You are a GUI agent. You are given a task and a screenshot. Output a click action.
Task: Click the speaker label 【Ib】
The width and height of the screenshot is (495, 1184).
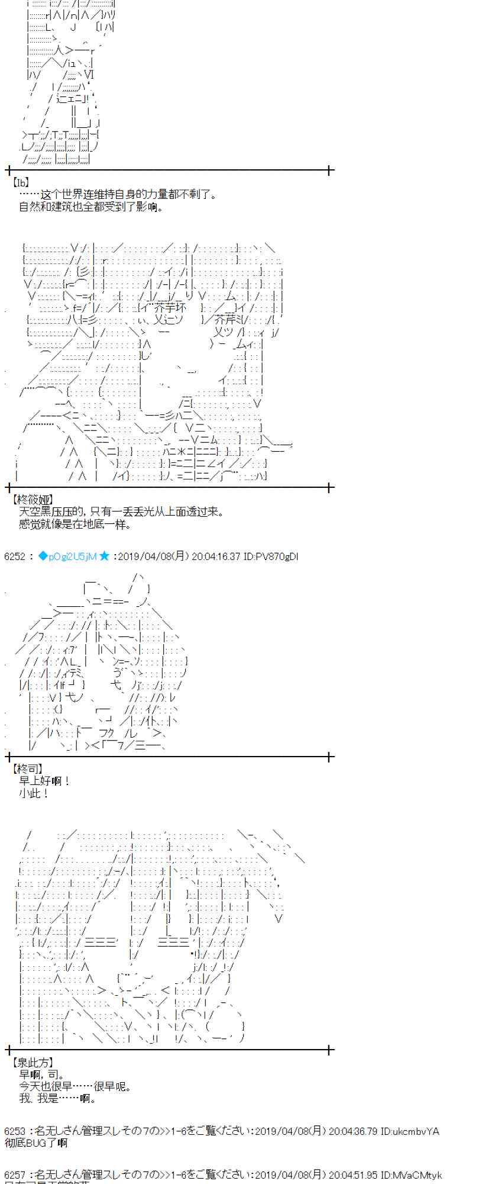pos(20,183)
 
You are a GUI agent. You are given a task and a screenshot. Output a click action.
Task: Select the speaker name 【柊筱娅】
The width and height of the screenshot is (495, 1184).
pos(32,500)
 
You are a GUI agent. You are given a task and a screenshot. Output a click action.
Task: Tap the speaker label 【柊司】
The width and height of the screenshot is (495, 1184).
pos(27,768)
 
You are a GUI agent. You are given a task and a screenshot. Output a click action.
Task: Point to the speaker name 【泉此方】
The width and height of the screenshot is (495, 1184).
pos(32,1063)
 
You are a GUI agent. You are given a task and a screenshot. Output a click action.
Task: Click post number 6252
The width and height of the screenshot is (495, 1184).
pos(15,556)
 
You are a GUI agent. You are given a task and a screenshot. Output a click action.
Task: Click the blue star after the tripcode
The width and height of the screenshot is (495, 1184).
pos(104,556)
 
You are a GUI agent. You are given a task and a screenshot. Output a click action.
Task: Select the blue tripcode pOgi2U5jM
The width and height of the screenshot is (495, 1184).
pos(67,556)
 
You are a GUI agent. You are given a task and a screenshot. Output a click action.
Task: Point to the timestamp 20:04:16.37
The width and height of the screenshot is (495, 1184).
pos(215,556)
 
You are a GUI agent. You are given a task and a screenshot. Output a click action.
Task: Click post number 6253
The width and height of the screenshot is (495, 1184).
pos(15,1131)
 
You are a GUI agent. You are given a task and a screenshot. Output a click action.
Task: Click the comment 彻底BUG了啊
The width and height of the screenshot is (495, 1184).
pos(36,1143)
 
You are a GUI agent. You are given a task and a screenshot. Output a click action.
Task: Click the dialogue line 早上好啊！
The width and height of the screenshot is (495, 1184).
pos(45,781)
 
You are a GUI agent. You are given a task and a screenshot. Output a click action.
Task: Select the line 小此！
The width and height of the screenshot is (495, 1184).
pos(34,793)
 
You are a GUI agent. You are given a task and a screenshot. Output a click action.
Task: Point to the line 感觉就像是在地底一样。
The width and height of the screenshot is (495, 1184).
pos(75,524)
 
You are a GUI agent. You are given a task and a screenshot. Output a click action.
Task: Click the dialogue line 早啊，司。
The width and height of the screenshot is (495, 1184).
pos(42,1074)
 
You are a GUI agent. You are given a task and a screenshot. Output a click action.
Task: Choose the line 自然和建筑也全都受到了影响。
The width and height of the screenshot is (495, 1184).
pos(91,207)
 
